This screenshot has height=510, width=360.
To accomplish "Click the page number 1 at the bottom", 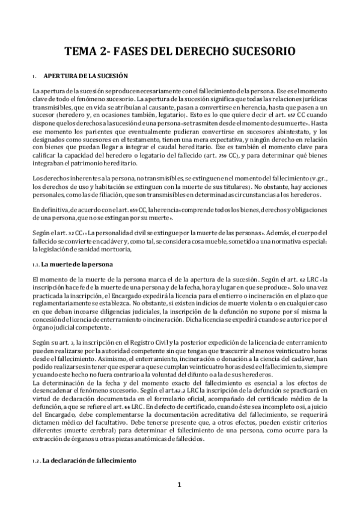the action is [179, 485].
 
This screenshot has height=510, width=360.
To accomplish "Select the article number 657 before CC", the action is [273, 114].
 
